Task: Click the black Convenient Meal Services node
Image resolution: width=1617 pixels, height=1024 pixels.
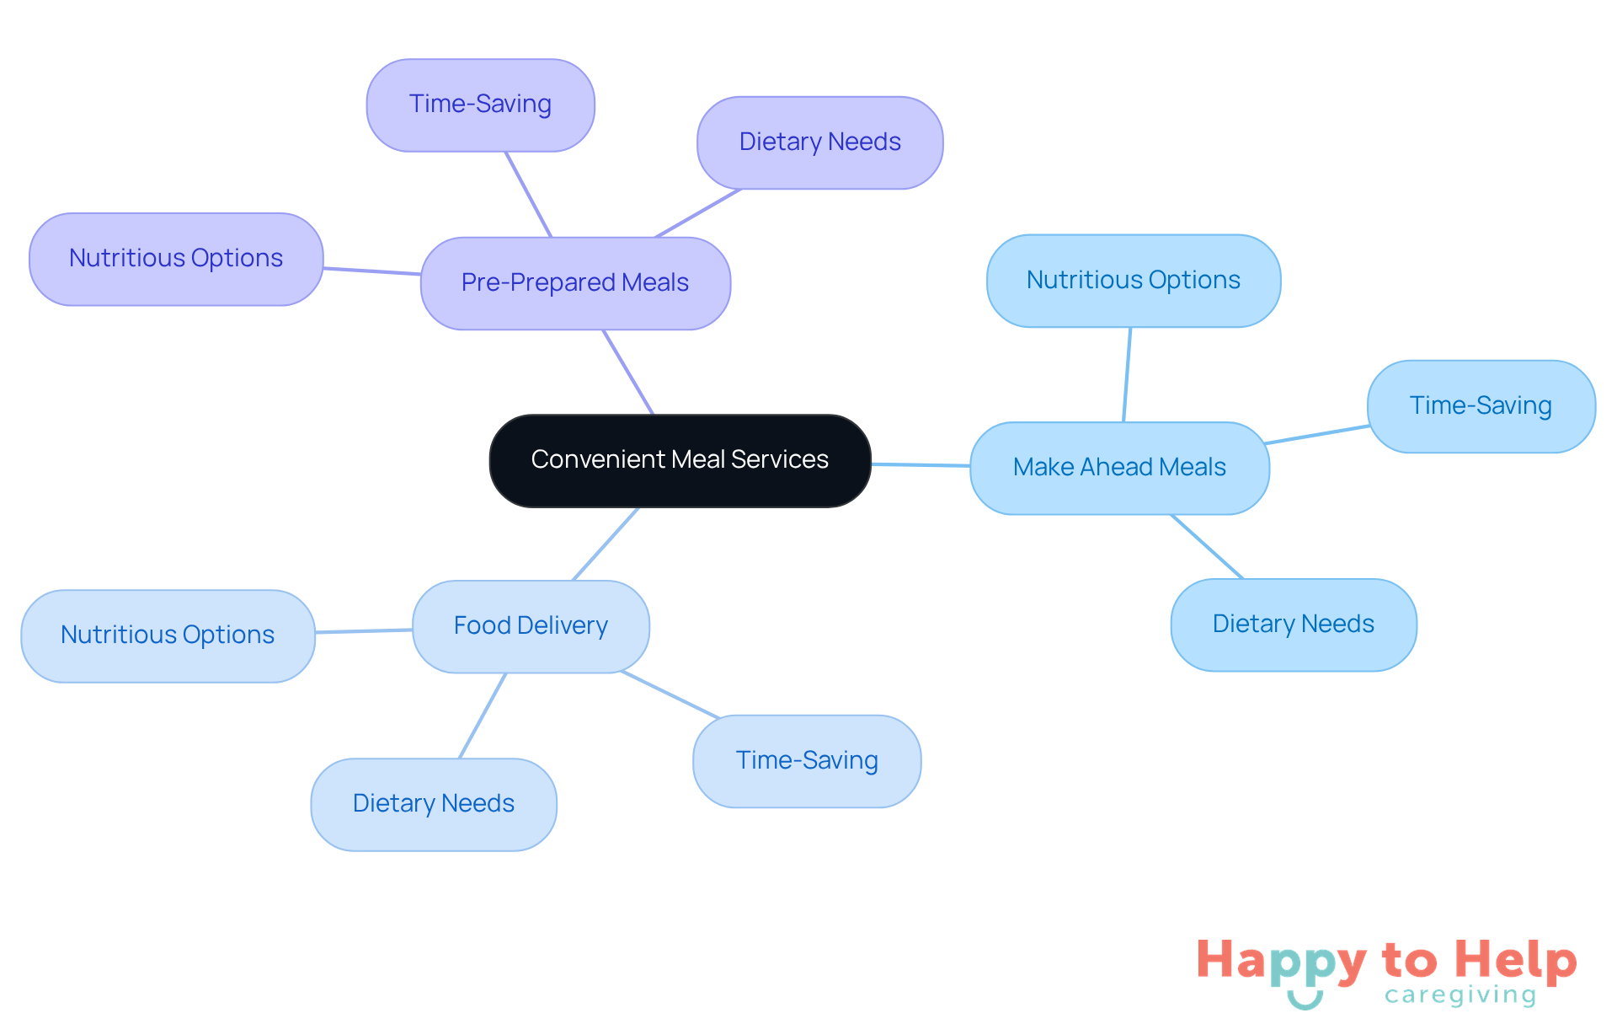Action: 680,460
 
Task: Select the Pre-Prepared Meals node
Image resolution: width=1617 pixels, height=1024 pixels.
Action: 575,283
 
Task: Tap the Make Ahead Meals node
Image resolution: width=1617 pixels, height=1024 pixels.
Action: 1119,468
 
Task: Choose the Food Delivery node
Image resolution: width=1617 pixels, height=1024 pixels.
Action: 531,626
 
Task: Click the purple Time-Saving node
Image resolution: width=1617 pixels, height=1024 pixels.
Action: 480,105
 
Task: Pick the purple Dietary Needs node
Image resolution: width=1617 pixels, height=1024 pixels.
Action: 819,142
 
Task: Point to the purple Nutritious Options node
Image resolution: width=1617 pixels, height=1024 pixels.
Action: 176,259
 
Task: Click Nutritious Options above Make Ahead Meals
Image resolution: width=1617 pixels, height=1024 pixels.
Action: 1134,281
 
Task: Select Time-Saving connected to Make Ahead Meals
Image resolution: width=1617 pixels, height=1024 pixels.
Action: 1481,406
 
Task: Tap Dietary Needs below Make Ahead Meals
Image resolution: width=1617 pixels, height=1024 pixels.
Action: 1294,625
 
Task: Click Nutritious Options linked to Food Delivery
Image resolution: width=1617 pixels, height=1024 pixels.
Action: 168,635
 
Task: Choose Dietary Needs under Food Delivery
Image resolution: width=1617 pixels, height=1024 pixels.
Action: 434,804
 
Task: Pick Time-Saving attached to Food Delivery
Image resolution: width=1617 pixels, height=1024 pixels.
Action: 807,761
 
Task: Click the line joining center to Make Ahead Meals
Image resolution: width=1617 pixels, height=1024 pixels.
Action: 921,464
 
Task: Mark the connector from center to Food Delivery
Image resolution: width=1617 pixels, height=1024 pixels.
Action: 606,544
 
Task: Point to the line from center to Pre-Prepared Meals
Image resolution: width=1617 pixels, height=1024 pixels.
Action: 628,372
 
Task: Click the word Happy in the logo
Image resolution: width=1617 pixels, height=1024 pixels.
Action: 1281,961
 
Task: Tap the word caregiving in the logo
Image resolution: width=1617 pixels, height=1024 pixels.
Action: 1460,995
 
